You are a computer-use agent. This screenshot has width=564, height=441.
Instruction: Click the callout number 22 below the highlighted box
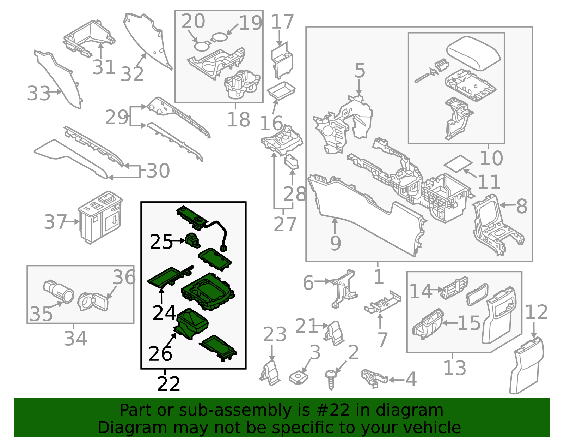coord(168,384)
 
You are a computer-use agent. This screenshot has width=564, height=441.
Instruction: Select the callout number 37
coord(55,222)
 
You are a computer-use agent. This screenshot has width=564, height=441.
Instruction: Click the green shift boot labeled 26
coord(192,323)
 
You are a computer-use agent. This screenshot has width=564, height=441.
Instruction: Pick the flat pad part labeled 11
coord(458,163)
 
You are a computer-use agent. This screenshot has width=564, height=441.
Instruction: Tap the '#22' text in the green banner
coord(333,410)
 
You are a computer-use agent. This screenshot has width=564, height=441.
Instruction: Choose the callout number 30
coord(158,171)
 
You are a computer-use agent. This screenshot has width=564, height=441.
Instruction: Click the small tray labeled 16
coord(281,90)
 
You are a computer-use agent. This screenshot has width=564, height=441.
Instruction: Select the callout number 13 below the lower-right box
coord(454,368)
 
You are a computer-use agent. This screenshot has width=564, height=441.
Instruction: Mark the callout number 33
coord(39,94)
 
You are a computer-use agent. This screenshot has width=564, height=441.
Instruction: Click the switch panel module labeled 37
coord(100,217)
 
